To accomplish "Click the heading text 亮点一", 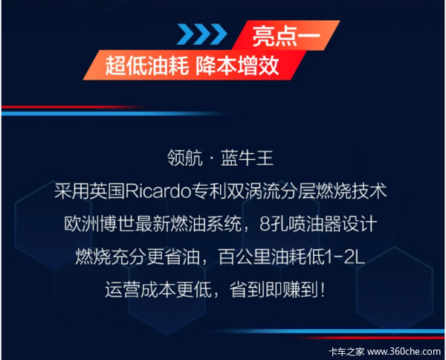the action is tap(286, 36).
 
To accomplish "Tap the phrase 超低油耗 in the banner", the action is tap(147, 66).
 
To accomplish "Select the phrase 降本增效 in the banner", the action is tap(237, 66).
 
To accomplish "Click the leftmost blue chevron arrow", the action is tap(184, 34).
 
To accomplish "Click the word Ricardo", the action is tap(158, 191).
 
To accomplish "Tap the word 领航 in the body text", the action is tap(185, 158).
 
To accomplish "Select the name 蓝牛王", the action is tap(247, 158).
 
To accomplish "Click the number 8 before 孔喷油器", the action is tap(265, 225).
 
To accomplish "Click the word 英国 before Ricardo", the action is tap(107, 191).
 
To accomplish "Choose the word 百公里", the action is tap(245, 257).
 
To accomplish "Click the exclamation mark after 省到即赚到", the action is tap(323, 290).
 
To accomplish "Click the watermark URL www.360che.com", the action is tap(404, 352).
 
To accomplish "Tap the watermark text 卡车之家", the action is tap(346, 352).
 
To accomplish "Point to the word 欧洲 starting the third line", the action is tap(81, 225).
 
